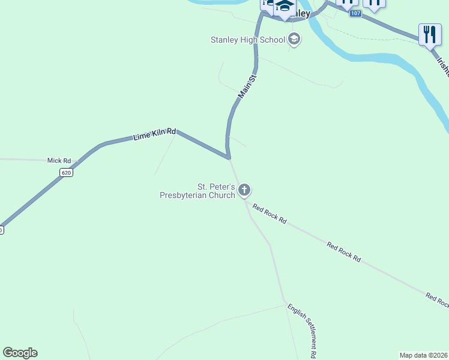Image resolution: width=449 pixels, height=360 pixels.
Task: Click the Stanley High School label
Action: [247, 40]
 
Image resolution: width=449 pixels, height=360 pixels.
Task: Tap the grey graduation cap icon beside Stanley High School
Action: [294, 40]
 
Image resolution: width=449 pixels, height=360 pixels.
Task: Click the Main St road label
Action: [247, 86]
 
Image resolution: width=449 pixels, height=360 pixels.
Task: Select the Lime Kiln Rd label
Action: [154, 134]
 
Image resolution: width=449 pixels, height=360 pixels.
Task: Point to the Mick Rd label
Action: [59, 161]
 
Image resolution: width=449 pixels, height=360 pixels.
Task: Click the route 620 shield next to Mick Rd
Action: [66, 173]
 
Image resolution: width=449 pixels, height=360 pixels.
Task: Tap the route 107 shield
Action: [356, 13]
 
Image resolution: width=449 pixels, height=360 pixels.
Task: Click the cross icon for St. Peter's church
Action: [244, 191]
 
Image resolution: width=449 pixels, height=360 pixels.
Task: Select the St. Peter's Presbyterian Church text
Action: [197, 191]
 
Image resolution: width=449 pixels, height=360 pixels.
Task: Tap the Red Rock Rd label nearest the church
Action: [269, 214]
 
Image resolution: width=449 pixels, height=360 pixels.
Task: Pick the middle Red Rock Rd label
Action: [344, 252]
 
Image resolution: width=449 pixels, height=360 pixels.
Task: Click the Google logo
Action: [20, 353]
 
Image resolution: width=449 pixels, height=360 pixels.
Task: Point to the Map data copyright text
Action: [423, 355]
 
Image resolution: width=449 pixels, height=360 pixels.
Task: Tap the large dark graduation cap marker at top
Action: [285, 7]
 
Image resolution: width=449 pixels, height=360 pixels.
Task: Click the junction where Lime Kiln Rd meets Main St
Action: [229, 158]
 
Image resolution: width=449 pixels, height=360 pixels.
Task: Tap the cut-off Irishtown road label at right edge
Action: [442, 67]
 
